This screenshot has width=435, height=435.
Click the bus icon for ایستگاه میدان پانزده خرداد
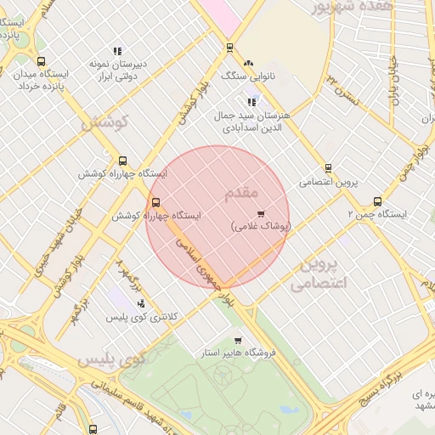tap(42, 61)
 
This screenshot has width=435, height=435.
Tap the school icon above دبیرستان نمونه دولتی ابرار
tap(116, 51)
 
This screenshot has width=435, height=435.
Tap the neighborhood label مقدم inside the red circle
tap(239, 195)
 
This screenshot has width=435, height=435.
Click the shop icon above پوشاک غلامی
tap(260, 213)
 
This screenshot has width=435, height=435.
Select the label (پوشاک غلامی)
tap(260, 227)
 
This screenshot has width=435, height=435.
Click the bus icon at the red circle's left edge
tap(155, 202)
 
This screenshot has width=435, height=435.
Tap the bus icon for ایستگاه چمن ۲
tap(377, 201)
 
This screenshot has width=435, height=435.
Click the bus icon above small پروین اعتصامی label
tap(328, 168)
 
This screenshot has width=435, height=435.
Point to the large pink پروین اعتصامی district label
tap(320, 274)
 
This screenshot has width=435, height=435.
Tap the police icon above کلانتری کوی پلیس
tap(140, 303)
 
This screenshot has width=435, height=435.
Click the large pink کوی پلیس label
tap(113, 359)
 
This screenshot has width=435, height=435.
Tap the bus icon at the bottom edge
tap(92, 429)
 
